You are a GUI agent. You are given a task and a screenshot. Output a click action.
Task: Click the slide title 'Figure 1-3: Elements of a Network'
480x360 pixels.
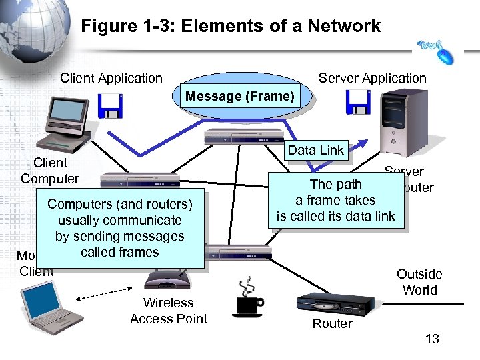coord(231,26)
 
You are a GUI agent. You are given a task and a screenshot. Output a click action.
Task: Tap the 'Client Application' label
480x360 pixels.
coord(111,78)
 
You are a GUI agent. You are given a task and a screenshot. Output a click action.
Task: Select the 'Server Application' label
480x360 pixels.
coord(372,78)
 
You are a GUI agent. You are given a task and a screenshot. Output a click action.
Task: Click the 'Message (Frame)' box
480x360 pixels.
coord(239,97)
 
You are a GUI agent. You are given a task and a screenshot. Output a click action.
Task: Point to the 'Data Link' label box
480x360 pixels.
coord(315,150)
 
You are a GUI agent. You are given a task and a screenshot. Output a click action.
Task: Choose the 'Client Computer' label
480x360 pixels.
coord(49,171)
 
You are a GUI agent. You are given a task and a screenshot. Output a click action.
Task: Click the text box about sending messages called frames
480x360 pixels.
coord(120,228)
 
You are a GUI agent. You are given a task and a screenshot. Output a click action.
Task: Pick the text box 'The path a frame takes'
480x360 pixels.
coord(336,200)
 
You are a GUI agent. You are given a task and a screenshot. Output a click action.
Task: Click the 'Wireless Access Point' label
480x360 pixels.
coord(169,311)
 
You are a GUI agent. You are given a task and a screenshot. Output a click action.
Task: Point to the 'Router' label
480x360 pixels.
coord(332,323)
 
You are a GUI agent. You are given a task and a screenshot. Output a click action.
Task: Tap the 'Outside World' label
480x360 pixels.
coord(419,282)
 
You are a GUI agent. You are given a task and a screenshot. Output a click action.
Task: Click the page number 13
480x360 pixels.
coord(432,339)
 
